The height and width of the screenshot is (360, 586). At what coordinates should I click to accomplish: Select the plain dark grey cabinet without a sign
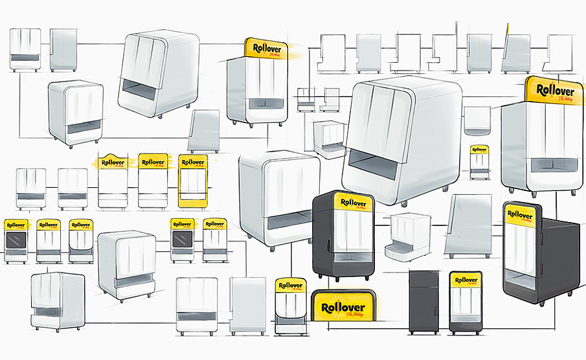[x=424, y=302]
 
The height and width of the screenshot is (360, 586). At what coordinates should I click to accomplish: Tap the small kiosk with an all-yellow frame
[x=192, y=181]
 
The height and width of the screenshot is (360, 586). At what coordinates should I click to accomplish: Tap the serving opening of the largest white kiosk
[x=374, y=166]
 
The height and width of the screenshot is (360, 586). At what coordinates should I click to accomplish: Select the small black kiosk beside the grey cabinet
[x=464, y=302]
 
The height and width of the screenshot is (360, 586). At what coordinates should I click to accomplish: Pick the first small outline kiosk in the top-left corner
[x=25, y=49]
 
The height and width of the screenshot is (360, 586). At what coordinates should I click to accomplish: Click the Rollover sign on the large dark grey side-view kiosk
[x=521, y=214]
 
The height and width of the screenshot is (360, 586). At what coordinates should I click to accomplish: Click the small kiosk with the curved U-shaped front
[x=289, y=308]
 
